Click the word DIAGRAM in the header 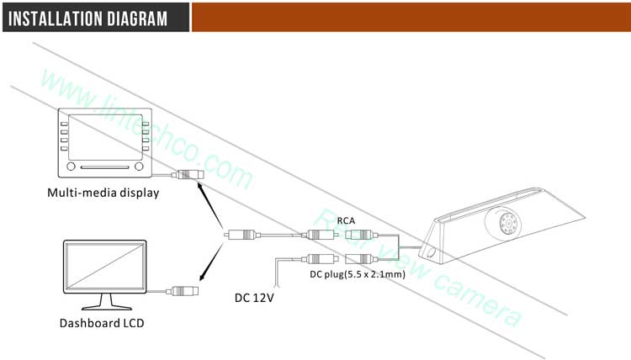[137, 18]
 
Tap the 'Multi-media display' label [103, 193]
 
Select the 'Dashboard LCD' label [95, 322]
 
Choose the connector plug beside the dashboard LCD [183, 291]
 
